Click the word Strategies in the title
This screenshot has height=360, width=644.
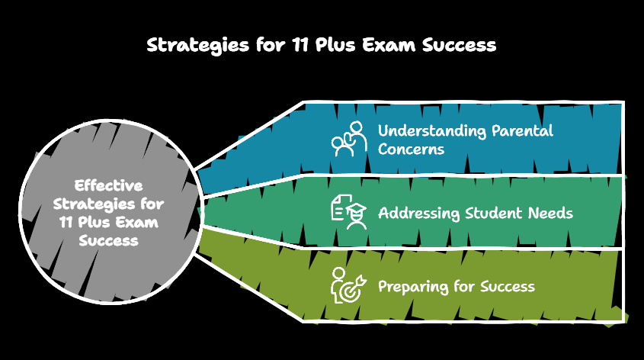[196, 45]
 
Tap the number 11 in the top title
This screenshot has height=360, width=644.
[300, 45]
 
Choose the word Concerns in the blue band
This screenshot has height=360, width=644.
[411, 149]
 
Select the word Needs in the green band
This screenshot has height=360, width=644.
[550, 213]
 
